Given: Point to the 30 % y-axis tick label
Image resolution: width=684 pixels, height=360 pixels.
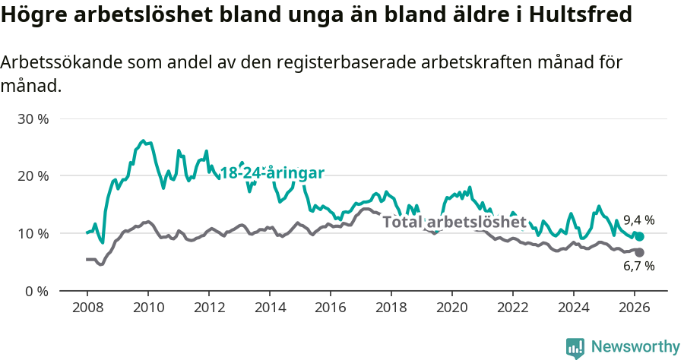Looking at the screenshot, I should (33, 119).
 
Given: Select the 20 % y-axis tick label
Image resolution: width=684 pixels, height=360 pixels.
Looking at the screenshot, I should (33, 176).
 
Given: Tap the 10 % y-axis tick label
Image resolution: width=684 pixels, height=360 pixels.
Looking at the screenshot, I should (33, 233).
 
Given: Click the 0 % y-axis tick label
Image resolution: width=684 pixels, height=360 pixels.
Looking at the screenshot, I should (36, 290).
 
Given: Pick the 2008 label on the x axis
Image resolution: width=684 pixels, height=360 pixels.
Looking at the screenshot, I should (87, 308).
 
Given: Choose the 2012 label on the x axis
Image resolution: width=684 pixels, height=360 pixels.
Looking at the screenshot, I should (209, 308).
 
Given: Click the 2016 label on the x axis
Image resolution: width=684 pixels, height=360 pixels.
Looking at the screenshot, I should (331, 308).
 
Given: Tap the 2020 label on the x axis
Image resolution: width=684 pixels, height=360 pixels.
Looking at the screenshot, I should (452, 308).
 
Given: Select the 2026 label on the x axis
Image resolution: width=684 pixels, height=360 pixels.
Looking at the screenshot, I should (635, 308).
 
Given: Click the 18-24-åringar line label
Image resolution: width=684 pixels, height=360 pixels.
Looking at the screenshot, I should (272, 173).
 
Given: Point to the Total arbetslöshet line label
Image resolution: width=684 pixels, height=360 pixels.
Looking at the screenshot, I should (454, 223).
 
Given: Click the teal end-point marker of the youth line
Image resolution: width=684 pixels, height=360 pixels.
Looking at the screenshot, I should (639, 237).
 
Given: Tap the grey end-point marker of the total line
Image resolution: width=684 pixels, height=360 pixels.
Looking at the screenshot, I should (639, 252).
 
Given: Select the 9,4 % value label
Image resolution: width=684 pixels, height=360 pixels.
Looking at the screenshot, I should (638, 220).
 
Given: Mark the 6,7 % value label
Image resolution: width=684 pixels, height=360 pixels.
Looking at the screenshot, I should (638, 267).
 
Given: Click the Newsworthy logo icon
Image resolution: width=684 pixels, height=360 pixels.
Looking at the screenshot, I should (575, 347).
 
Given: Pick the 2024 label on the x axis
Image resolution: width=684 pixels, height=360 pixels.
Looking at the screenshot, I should (574, 308).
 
